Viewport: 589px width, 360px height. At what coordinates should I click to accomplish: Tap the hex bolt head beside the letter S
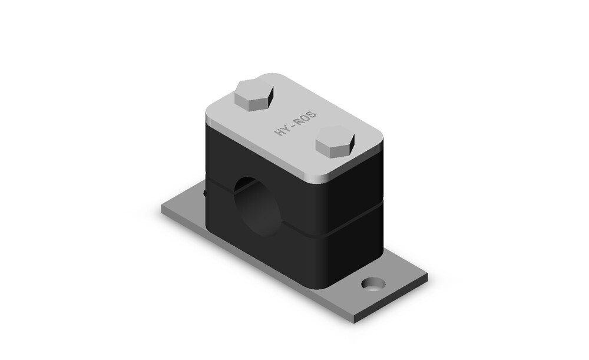pos(335,141)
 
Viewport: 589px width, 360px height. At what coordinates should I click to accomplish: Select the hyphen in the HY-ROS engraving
pos(293,124)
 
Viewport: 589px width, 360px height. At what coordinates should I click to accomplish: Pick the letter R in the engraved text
pos(299,121)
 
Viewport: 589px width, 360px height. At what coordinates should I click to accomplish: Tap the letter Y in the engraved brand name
pos(286,128)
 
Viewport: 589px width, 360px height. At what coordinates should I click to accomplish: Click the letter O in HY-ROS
pos(306,117)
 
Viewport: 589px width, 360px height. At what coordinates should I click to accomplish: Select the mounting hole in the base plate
pos(373,284)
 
